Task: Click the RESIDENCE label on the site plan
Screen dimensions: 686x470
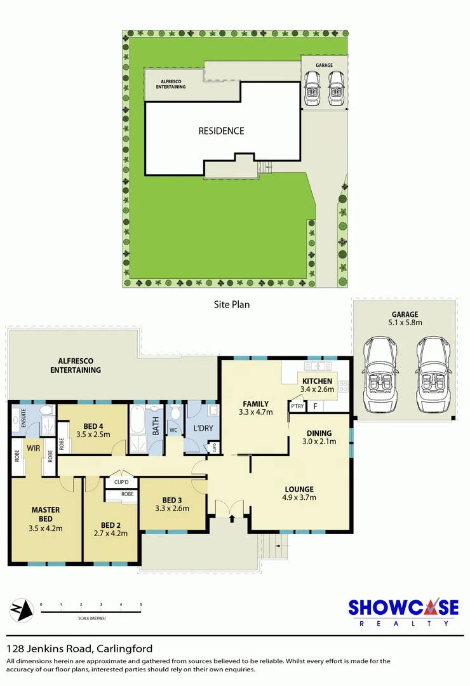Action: coord(221,131)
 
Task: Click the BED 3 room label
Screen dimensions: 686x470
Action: coord(171,499)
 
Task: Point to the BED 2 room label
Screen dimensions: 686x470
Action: coord(111,525)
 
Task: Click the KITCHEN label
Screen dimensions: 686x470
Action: coord(316,381)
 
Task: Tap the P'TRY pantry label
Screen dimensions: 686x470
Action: coord(297,407)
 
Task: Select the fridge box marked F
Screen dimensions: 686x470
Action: coord(314,406)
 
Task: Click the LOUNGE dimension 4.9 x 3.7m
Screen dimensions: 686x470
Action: coord(299,497)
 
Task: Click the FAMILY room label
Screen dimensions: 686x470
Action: coord(255,403)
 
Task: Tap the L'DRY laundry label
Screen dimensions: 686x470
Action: coord(203,428)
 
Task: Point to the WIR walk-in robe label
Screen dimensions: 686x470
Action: coord(33,448)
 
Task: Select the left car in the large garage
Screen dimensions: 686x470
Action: coord(380,374)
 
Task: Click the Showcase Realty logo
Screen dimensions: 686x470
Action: coord(403,611)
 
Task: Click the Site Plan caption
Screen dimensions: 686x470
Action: coord(232,304)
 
